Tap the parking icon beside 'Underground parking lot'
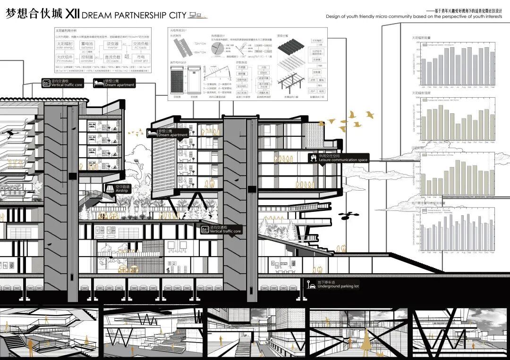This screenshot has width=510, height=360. coord(311,284)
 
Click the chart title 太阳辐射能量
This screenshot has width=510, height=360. coord(422,37)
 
